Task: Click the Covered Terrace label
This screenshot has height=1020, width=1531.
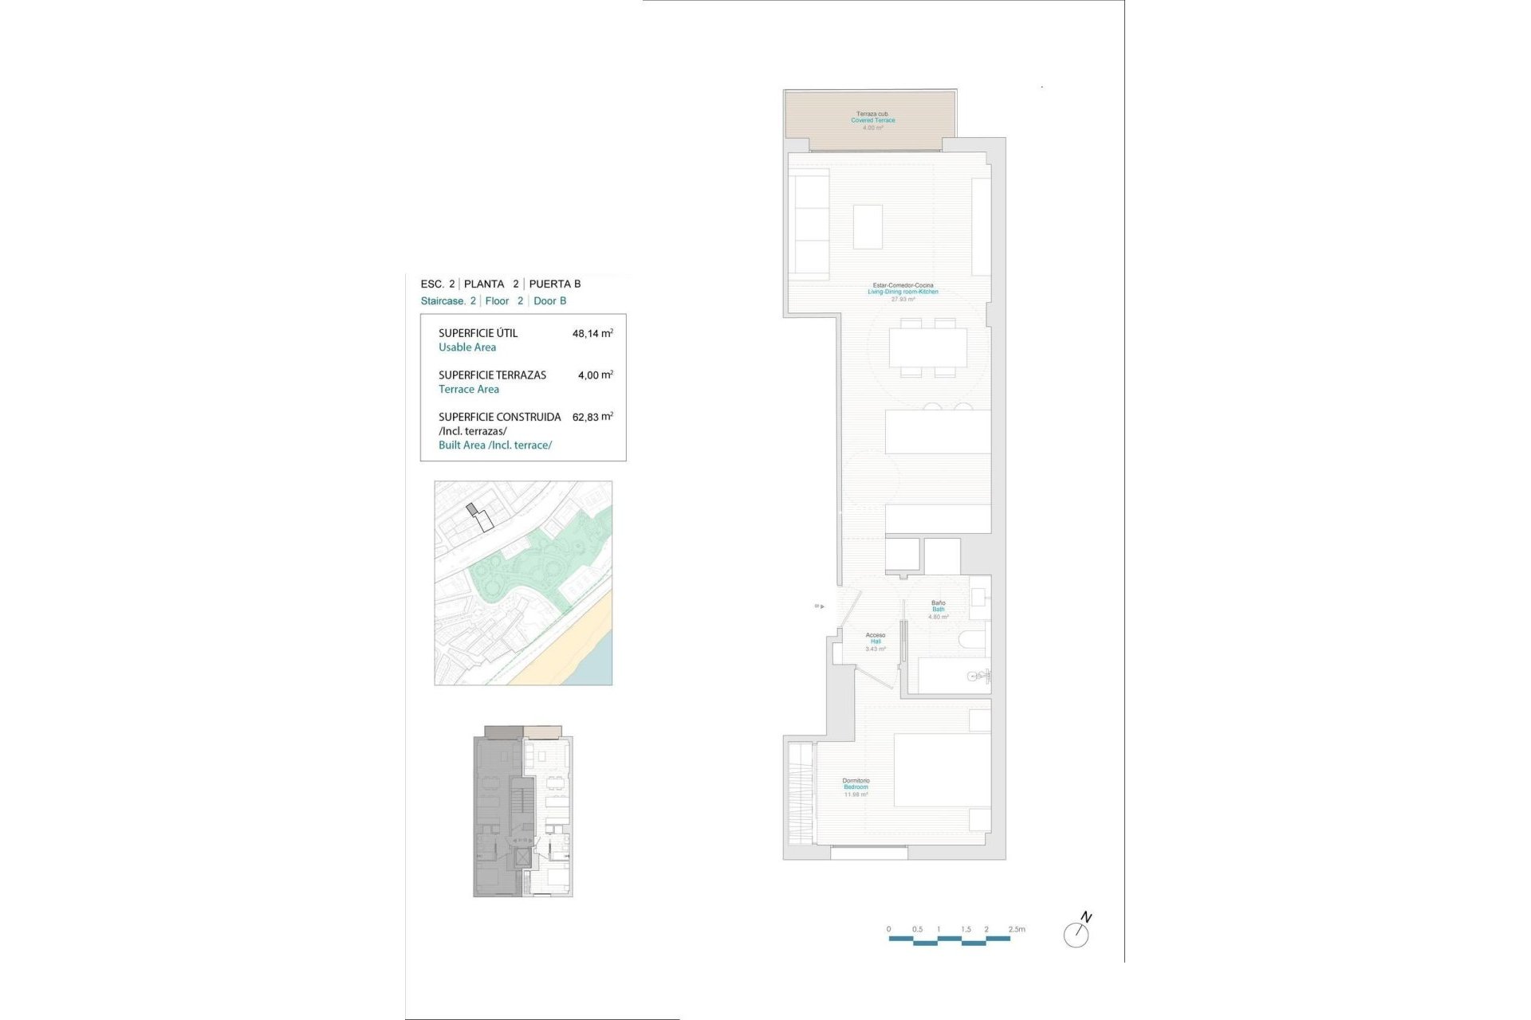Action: coord(872,120)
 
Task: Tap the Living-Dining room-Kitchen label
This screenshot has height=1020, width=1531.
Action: coord(903,292)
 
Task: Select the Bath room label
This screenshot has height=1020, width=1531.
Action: coord(939,610)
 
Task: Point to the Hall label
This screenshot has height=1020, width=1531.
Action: coord(876,641)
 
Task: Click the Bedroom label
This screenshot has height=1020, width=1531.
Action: coord(856,787)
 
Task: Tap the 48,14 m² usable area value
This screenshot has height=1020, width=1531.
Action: coord(592,334)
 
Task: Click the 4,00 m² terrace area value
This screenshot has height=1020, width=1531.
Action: coord(595,375)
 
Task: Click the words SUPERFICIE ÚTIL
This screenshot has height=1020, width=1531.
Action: coord(478,333)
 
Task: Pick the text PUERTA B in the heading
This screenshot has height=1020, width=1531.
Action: coord(555,284)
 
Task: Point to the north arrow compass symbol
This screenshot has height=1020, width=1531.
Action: coord(1077,932)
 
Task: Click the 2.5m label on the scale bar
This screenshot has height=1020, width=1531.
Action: coord(1017,929)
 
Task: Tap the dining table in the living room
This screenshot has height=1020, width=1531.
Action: coord(927,347)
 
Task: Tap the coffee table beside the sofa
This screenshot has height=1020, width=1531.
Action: coord(868,226)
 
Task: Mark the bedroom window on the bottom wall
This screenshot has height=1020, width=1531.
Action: coord(868,853)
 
